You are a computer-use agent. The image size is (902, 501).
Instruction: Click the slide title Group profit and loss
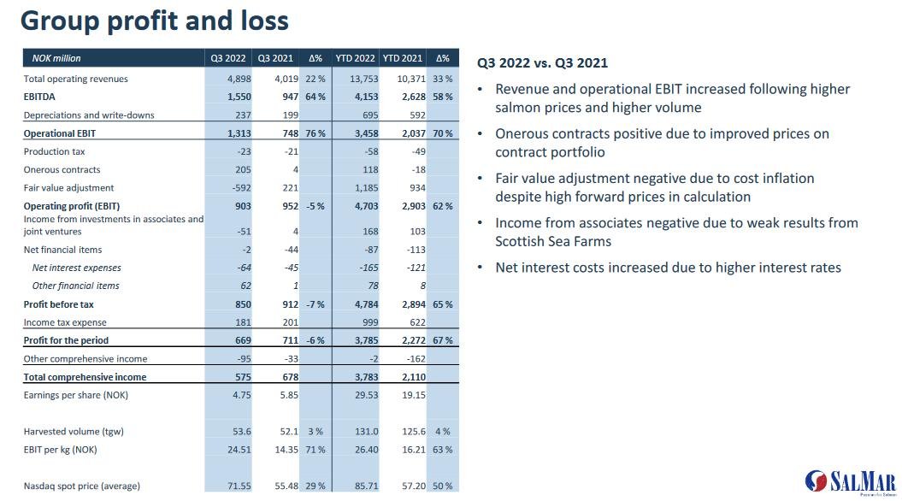[155, 21]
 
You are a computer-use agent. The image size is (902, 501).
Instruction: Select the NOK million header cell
[56, 59]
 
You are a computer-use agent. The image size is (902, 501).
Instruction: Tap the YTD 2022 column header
[355, 59]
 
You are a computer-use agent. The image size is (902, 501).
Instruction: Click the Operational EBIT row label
[59, 133]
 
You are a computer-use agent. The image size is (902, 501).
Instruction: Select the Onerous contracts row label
[62, 169]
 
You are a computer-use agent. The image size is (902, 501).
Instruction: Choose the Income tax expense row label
[65, 322]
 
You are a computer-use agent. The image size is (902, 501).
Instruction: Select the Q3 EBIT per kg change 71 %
[315, 450]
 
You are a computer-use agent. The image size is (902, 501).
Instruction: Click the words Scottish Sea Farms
[541, 241]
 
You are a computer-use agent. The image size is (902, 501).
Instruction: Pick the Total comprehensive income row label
[85, 377]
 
